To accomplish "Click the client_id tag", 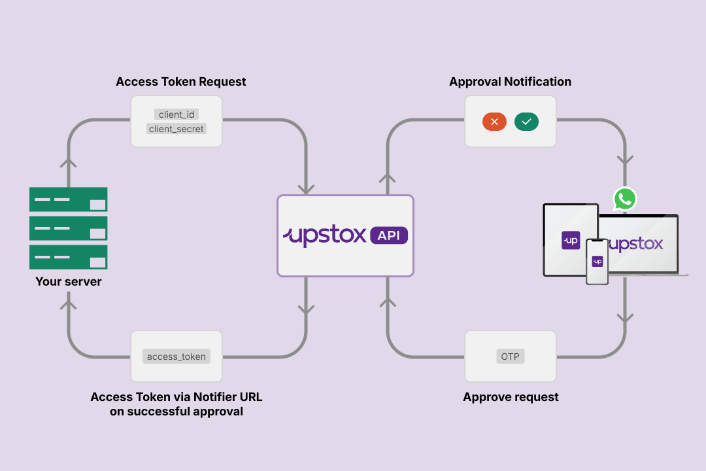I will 176,114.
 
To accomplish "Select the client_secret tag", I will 176,129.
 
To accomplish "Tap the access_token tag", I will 176,357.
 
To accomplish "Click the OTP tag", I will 510,357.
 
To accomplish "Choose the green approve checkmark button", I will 526,122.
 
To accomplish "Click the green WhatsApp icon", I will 625,199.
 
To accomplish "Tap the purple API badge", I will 388,235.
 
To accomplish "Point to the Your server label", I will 69,282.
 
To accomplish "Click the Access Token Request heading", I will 181,82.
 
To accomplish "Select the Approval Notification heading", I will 510,82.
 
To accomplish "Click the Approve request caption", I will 511,397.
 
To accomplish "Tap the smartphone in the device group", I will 597,261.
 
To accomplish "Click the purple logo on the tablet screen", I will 571,240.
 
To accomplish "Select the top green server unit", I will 69,199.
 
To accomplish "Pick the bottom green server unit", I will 69,256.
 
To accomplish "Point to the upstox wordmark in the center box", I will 326,235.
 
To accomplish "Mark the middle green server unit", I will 69,228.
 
